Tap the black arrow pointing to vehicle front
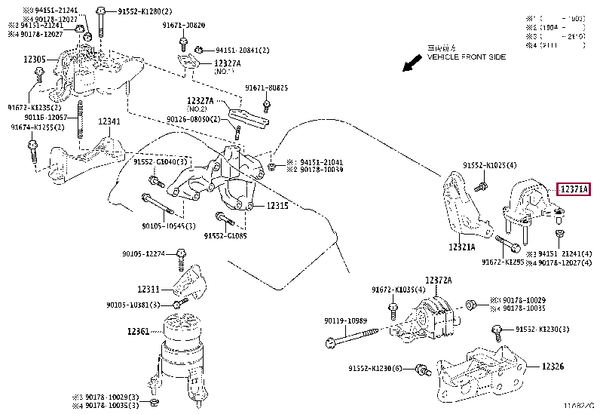point(413,63)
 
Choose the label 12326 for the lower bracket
point(553,366)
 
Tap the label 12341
point(109,121)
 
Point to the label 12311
point(148,289)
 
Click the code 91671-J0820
point(183,25)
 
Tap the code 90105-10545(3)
point(170,225)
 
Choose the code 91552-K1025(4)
point(490,164)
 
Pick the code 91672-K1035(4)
point(399,290)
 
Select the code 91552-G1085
point(226,236)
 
